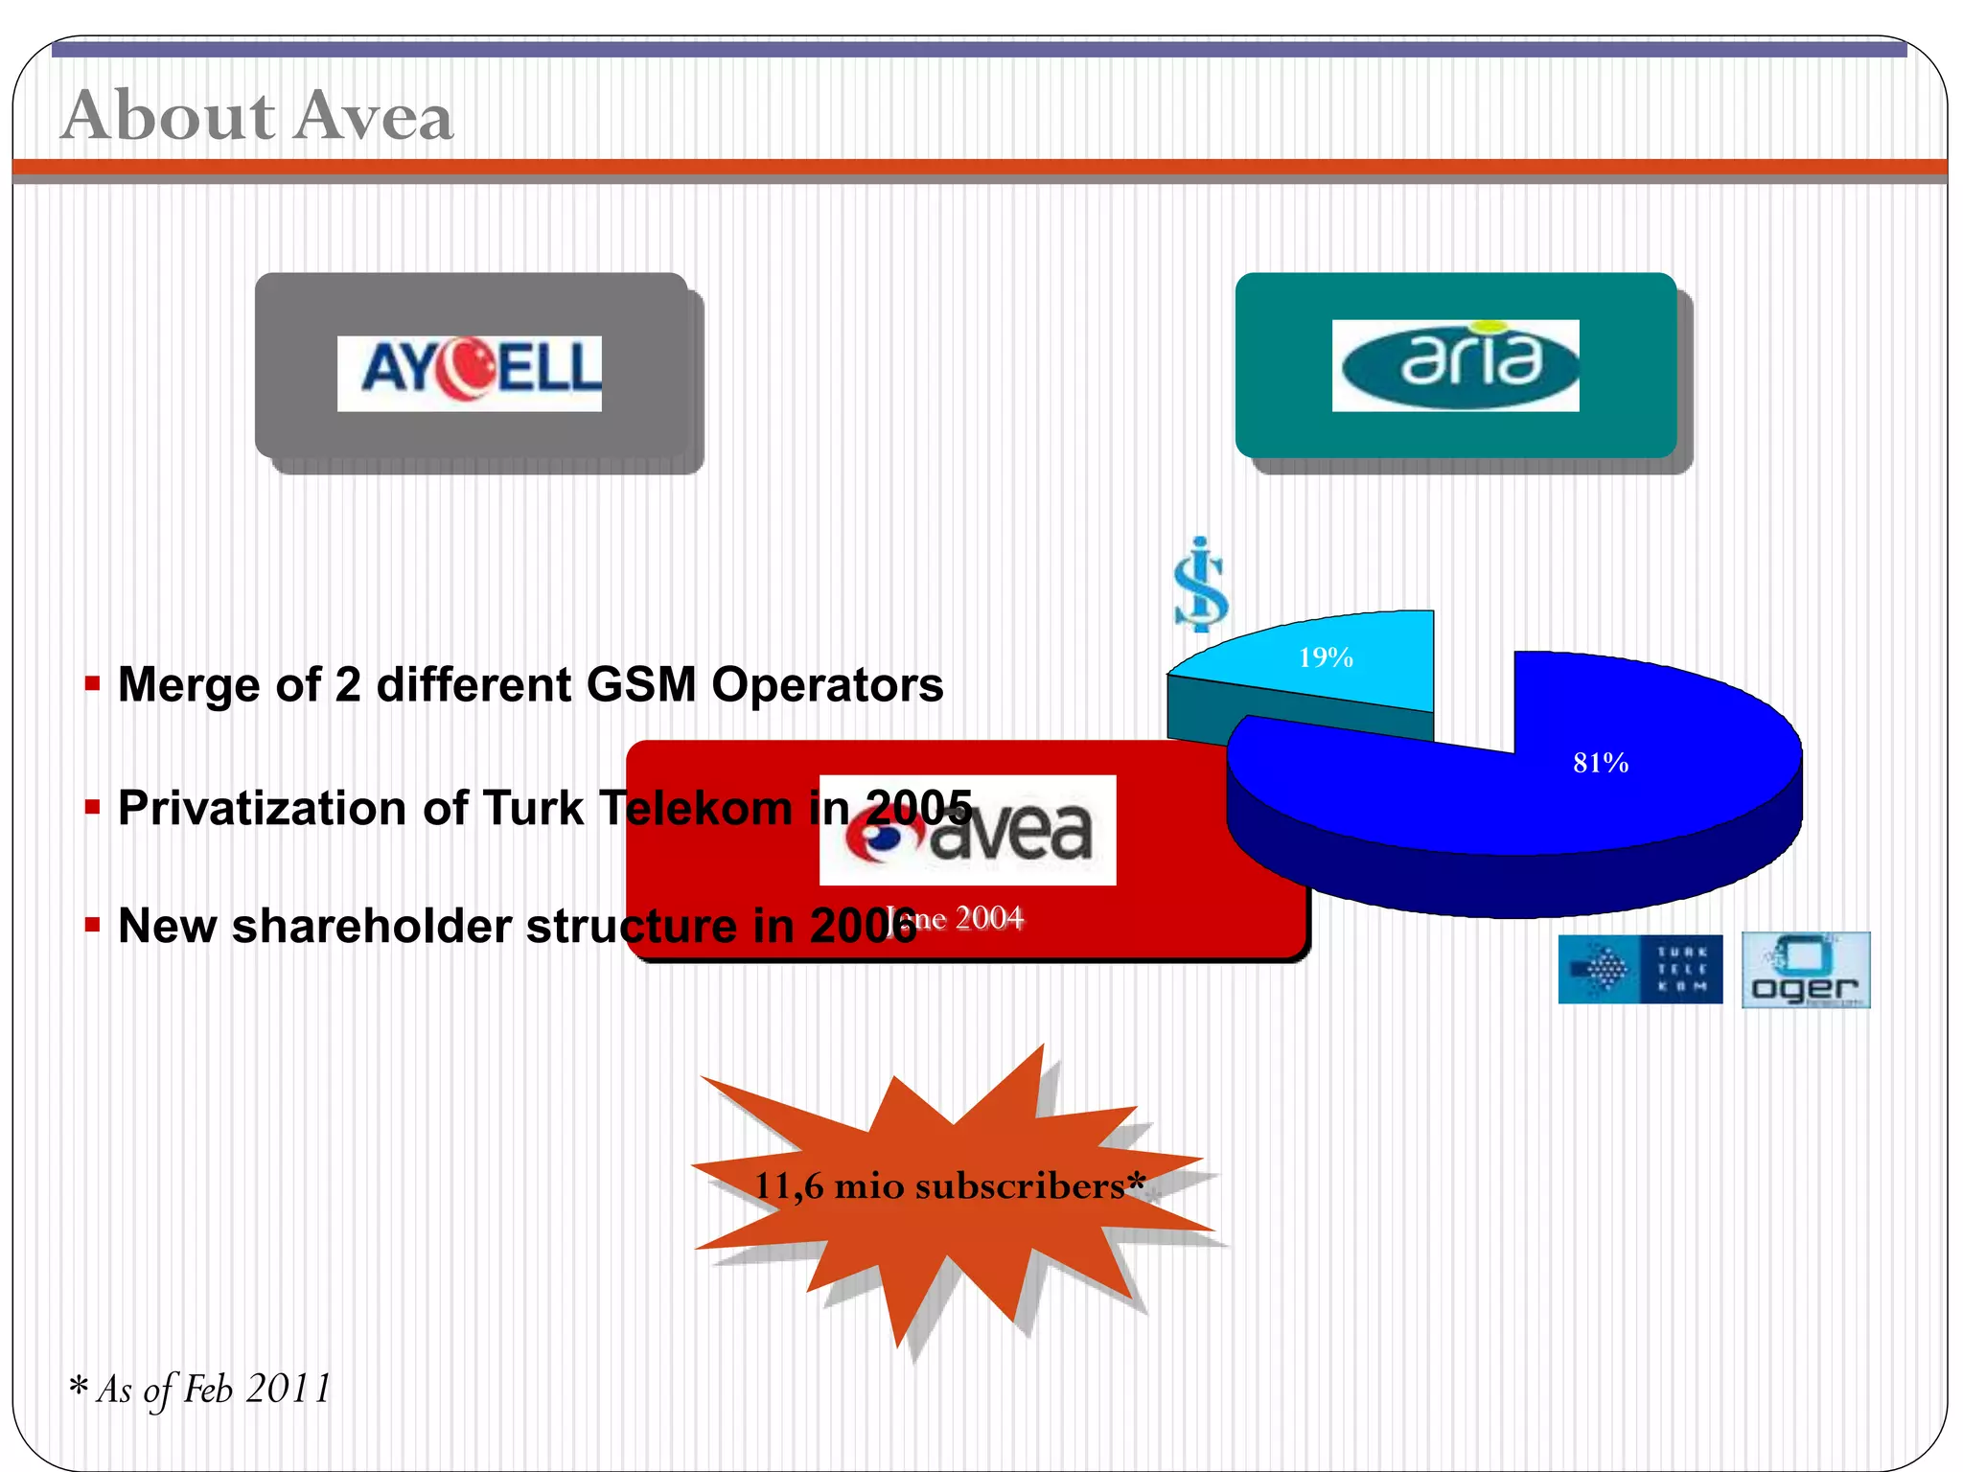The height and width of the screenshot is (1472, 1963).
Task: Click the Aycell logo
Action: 470,373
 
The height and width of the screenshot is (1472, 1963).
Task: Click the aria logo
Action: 1455,365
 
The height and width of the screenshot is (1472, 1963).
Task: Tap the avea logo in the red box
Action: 968,830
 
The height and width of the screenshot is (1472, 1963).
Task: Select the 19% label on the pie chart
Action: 1326,657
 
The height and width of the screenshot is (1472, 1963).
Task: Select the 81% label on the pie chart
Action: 1600,763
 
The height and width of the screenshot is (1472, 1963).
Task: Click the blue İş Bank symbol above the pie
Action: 1201,584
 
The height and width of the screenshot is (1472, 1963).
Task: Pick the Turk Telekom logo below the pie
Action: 1640,969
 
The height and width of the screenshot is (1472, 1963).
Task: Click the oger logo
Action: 1805,970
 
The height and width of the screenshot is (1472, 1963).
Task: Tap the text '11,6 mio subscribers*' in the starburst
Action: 949,1186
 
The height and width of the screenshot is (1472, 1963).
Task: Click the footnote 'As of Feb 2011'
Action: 213,1389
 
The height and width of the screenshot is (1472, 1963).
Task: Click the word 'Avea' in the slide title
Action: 374,115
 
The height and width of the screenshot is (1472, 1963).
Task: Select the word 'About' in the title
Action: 169,115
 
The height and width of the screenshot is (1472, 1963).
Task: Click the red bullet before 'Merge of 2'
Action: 92,684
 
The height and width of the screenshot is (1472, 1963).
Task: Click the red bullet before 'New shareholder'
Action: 92,926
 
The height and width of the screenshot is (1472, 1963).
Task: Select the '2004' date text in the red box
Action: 988,918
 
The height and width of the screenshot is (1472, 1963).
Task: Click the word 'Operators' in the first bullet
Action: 827,684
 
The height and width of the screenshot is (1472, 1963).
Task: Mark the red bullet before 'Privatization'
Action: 92,808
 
